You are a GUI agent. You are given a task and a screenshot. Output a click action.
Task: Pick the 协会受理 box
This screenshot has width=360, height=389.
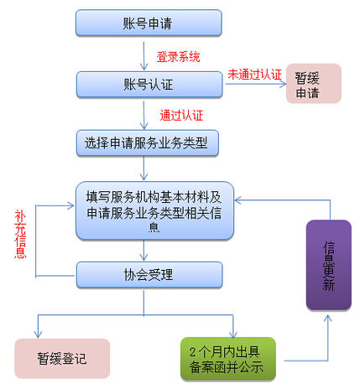click(149, 274)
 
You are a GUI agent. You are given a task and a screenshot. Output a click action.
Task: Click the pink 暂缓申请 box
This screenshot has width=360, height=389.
click(313, 84)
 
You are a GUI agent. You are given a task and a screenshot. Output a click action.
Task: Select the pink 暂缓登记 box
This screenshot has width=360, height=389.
click(61, 358)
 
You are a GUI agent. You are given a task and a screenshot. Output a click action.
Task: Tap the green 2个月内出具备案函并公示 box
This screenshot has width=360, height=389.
click(227, 358)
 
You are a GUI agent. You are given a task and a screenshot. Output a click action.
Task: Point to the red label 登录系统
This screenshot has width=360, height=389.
click(178, 57)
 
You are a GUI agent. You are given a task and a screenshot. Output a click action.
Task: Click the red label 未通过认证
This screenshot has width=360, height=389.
click(254, 74)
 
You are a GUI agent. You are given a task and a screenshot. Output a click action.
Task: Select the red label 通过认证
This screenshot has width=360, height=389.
click(180, 114)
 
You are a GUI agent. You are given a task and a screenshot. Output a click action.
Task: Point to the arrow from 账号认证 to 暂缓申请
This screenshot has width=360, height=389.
click(252, 85)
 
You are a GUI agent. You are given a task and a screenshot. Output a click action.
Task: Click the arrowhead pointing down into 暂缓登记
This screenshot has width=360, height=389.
click(38, 333)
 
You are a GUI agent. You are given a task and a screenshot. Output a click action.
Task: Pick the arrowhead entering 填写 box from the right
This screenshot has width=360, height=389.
click(240, 200)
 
